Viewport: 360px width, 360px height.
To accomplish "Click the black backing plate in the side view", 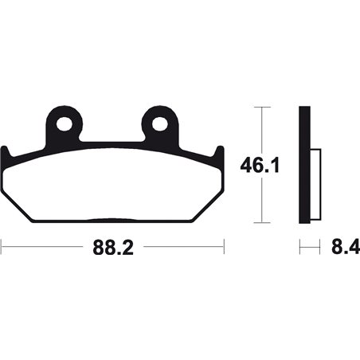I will coord(303,165).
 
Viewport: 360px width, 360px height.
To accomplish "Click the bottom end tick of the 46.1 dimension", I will coord(260,224).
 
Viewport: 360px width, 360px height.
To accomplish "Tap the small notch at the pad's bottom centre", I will coord(112,221).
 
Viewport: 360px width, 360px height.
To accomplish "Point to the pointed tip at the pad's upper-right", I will coord(217,148).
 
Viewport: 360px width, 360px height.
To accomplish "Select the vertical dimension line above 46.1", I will coord(260,131).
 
